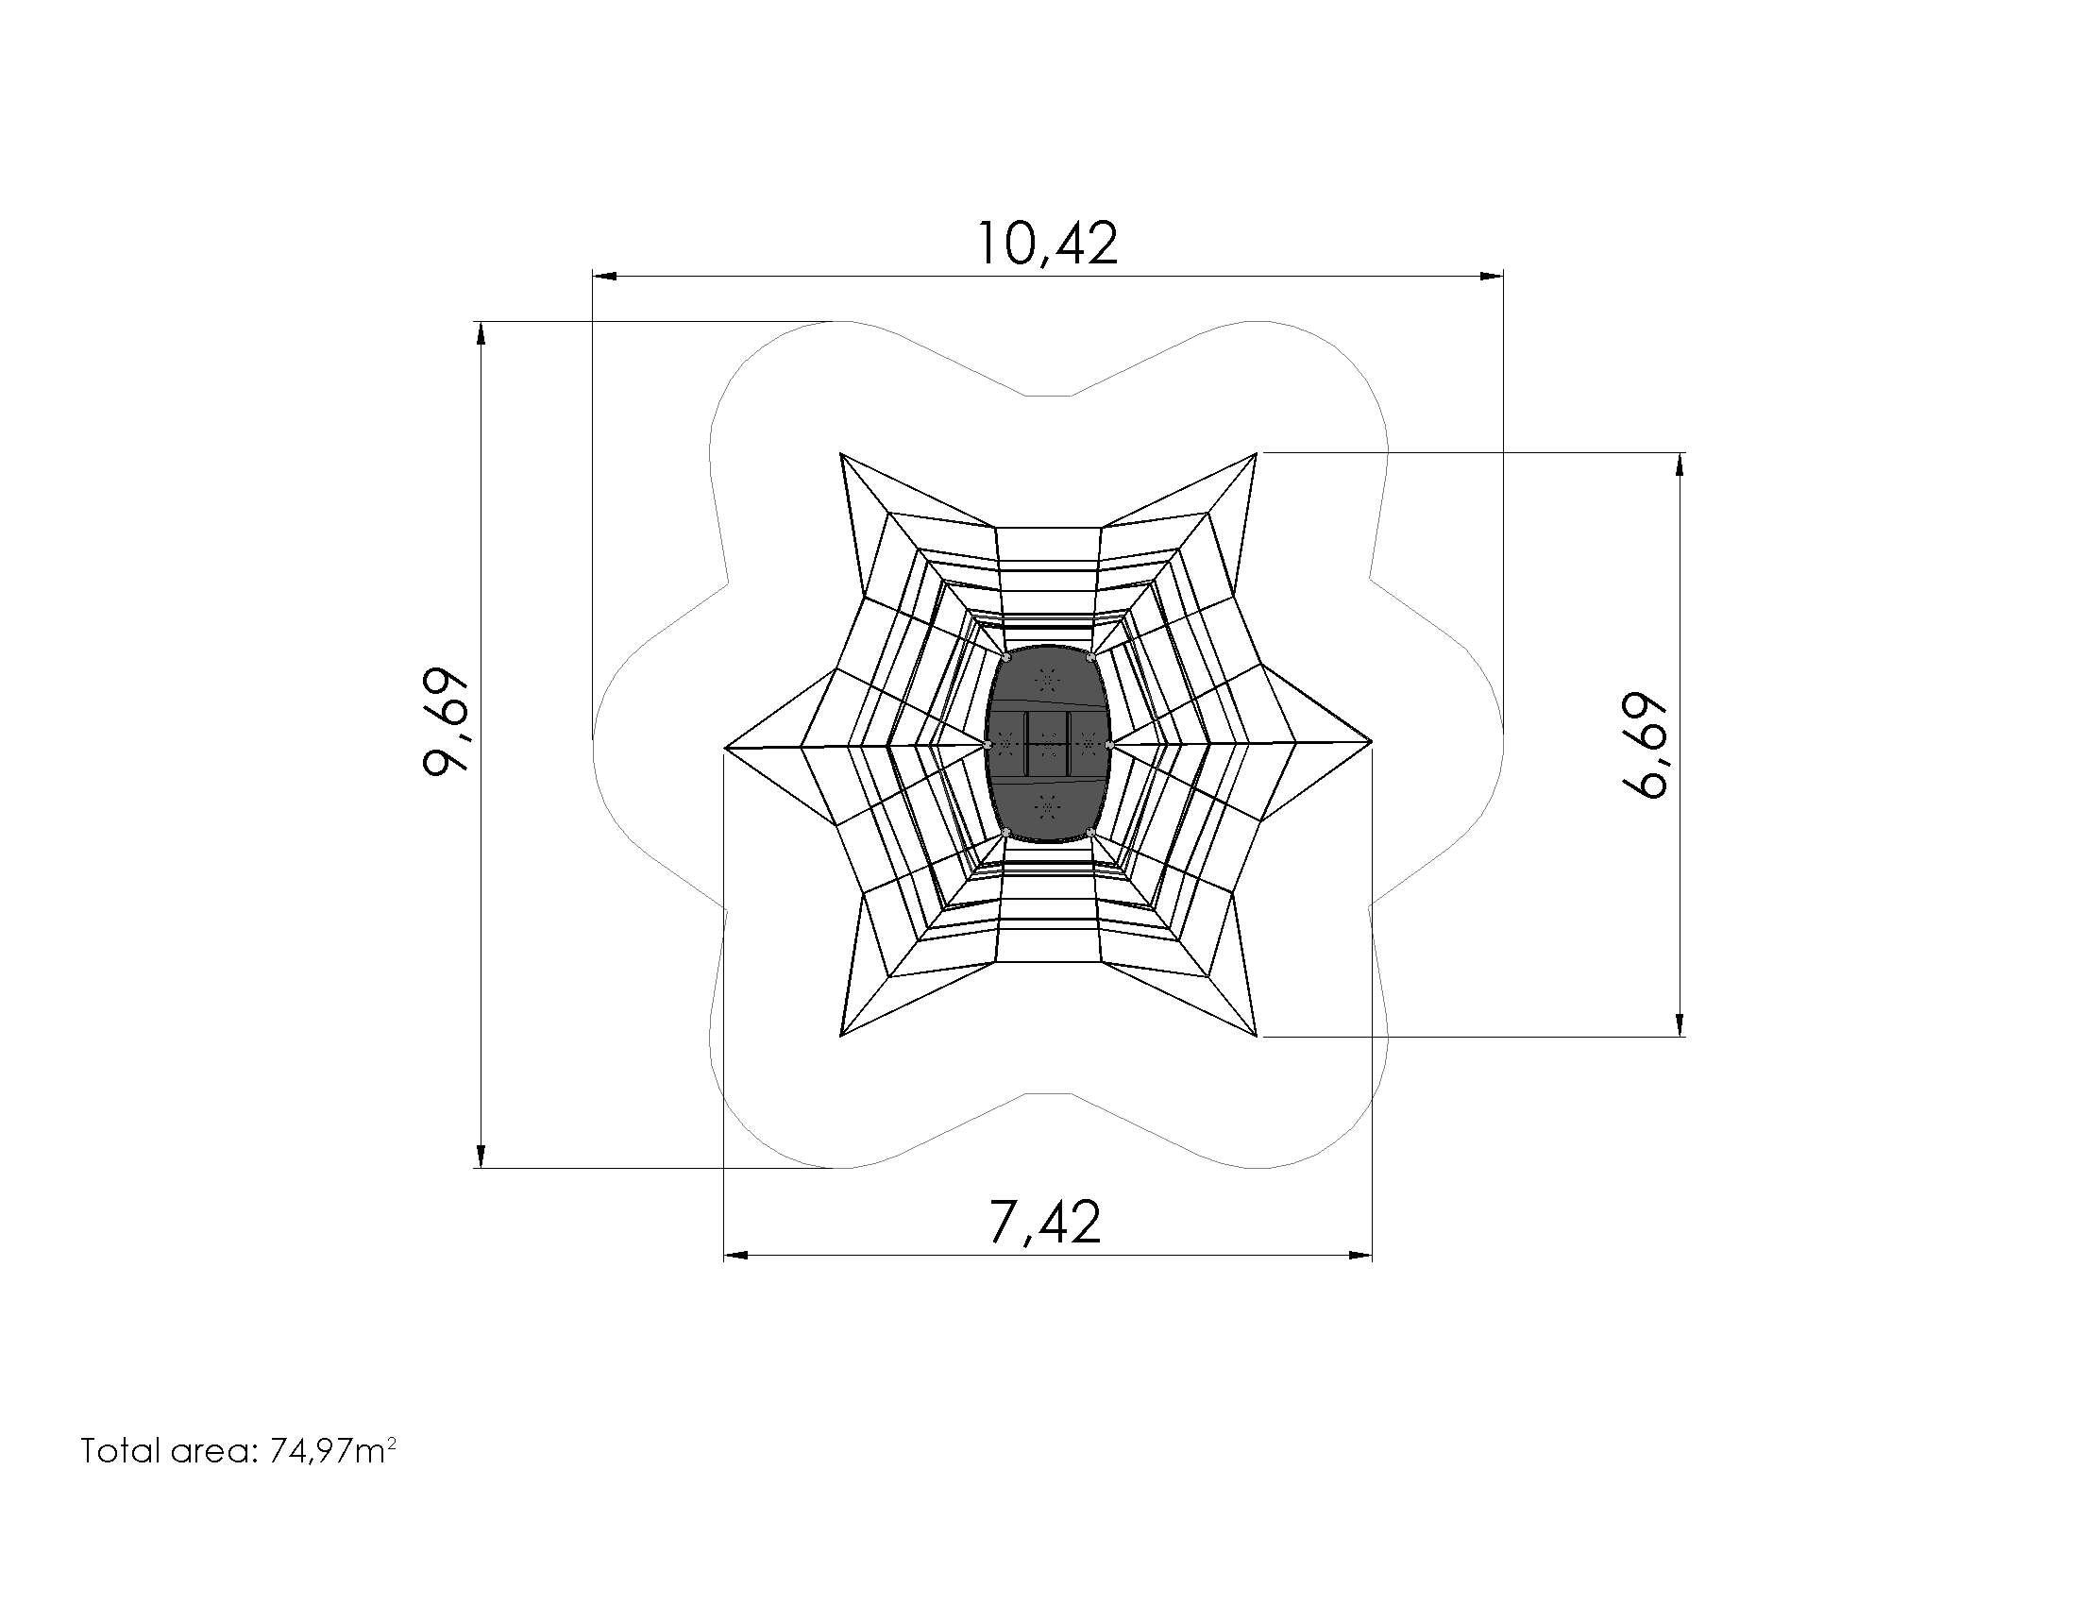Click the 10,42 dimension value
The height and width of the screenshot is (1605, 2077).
tap(1047, 244)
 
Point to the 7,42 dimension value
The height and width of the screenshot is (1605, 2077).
tap(1045, 1222)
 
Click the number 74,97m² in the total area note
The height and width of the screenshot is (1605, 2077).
tap(333, 1451)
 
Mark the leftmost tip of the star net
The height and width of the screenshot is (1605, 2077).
tap(726, 750)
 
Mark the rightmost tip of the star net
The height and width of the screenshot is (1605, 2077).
tap(1373, 741)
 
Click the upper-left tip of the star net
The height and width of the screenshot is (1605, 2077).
tap(841, 454)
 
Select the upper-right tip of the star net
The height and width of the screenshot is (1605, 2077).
tap(1258, 453)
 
